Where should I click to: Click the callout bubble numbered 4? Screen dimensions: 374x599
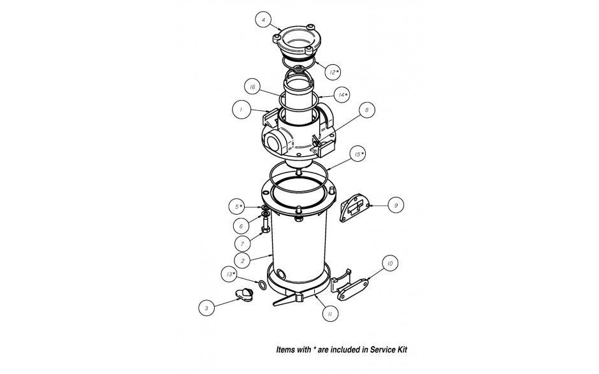263,20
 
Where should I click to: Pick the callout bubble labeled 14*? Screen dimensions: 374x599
342,95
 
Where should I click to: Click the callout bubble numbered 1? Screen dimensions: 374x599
241,110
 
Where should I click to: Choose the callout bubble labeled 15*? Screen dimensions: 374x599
359,154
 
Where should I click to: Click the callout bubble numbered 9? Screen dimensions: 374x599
395,205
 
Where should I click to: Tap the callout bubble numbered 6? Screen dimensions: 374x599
241,226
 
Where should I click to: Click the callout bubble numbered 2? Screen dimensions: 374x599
242,259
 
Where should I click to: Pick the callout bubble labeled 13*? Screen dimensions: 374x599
231,275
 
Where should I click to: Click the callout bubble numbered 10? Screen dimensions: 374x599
389,263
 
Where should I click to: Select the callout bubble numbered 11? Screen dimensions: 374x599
329,313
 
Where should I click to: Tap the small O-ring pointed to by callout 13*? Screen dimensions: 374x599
262,284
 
